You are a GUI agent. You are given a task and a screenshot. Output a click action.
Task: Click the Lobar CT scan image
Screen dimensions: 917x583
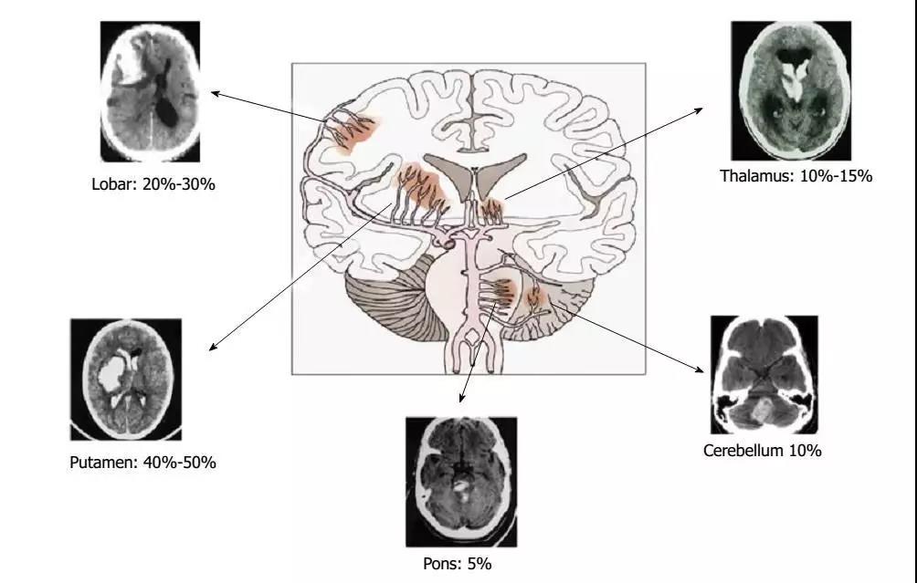click(151, 92)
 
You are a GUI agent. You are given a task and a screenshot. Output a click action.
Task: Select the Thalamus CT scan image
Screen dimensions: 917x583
click(791, 90)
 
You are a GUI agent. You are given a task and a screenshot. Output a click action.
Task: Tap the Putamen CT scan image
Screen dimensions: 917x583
click(126, 380)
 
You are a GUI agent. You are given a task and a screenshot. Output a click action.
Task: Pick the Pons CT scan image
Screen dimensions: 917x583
click(461, 482)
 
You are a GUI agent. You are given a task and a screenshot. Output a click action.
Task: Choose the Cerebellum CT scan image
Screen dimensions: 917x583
click(764, 374)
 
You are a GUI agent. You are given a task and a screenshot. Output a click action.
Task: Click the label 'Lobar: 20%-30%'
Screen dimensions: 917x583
click(153, 184)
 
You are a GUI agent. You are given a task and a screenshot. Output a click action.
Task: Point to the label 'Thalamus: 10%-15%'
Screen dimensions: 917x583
click(796, 176)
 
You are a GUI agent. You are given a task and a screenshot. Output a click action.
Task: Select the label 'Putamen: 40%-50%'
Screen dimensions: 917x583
click(142, 462)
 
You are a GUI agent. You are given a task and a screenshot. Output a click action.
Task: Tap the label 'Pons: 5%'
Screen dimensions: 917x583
click(458, 564)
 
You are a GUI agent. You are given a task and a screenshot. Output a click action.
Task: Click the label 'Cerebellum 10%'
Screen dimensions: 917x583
click(762, 451)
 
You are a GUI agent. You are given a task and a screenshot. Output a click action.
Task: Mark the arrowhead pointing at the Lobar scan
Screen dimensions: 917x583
click(215, 93)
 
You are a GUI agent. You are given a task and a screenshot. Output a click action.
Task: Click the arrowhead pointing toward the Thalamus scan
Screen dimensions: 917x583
click(699, 109)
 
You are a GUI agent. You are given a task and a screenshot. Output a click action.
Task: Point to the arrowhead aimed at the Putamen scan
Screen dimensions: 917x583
click(213, 347)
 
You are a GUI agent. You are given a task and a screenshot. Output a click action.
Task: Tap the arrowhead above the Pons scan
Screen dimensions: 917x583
click(461, 399)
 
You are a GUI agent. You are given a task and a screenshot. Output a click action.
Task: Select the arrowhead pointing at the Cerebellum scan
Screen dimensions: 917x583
click(700, 370)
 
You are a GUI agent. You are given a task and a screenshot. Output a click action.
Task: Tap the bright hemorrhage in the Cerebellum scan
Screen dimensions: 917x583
click(760, 410)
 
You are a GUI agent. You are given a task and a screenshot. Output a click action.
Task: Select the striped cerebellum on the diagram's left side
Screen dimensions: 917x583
click(397, 297)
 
